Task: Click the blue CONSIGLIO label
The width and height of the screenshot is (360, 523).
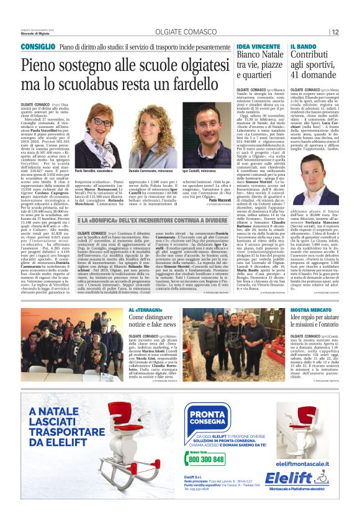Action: [x=38, y=47]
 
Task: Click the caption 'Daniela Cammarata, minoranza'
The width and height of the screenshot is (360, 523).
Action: [x=150, y=169]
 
